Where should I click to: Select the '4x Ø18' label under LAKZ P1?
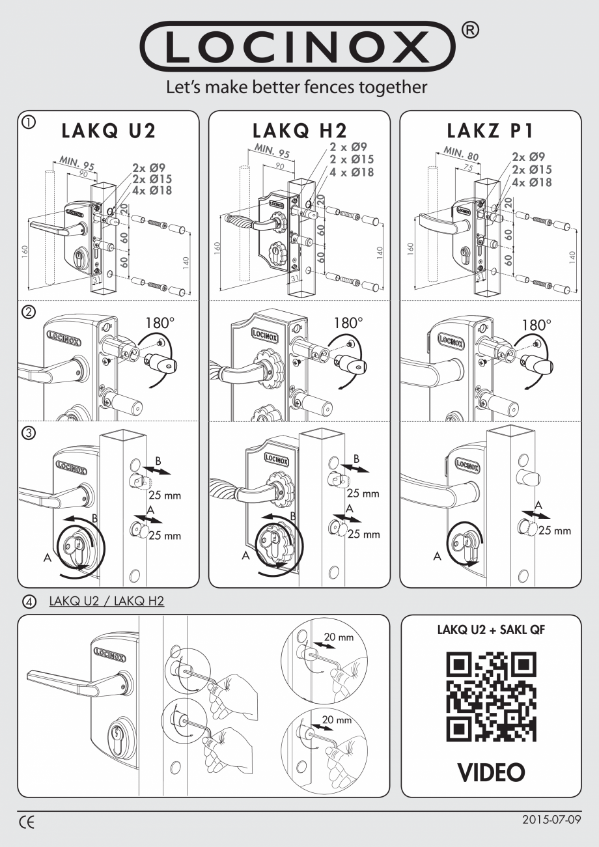(x=532, y=182)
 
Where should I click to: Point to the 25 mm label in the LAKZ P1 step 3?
(x=555, y=530)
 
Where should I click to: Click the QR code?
(x=491, y=698)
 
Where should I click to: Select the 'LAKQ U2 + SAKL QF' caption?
(x=491, y=632)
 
